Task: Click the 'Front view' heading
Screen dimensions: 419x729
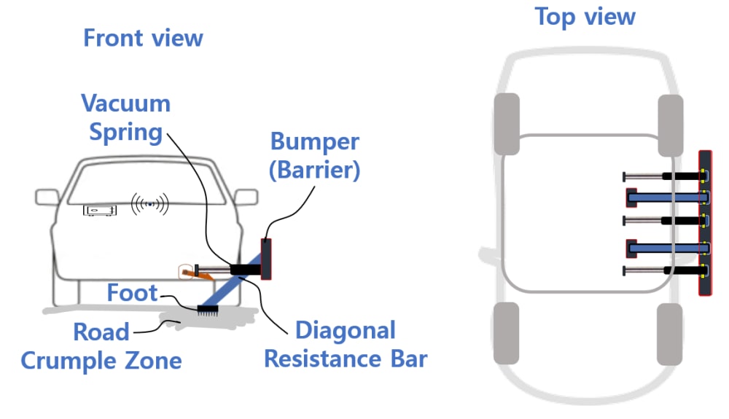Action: pos(143,38)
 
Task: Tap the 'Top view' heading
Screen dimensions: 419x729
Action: pos(585,16)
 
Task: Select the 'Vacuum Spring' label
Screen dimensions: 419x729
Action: pos(125,117)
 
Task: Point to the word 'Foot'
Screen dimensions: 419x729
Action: pos(132,293)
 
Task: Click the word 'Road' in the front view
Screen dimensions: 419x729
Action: pos(101,332)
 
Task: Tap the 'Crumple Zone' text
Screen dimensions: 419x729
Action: pos(101,359)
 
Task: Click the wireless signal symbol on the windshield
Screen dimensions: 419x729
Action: pos(149,204)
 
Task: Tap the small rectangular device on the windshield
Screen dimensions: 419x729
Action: pos(99,211)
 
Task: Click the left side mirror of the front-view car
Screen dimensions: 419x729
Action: pos(47,197)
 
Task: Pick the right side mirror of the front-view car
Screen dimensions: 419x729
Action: pos(246,197)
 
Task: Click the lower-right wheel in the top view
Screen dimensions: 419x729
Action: pos(669,334)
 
